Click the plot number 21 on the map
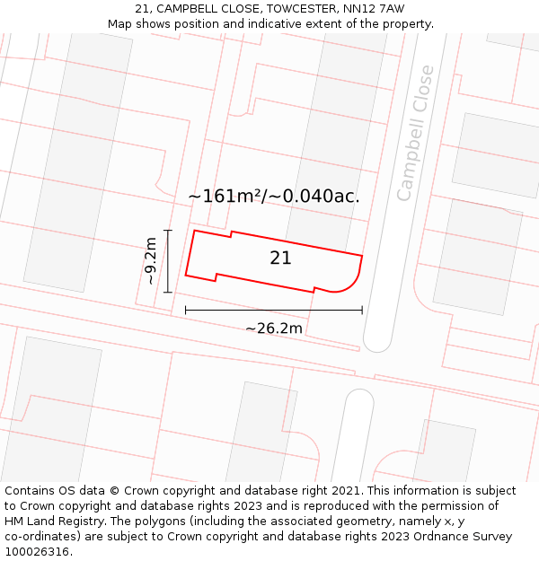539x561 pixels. pos(280,259)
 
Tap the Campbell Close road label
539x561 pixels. pos(415,133)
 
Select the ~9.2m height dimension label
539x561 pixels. pos(150,261)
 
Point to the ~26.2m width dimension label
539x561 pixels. pos(274,329)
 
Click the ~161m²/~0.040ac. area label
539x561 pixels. pos(273,196)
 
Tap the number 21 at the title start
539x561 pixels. pos(142,9)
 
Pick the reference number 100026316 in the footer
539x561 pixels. pos(37,552)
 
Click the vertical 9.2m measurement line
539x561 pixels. pos(168,261)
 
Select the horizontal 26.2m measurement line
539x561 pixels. pos(274,311)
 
